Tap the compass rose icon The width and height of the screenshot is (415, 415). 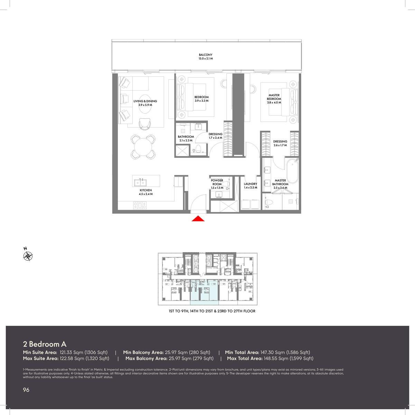(x=28, y=256)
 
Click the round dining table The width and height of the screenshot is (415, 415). (x=143, y=147)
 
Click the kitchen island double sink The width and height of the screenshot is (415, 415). (x=140, y=183)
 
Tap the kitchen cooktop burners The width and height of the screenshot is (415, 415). (x=140, y=205)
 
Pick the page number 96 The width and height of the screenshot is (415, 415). (x=26, y=390)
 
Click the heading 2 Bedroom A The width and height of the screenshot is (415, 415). (x=45, y=344)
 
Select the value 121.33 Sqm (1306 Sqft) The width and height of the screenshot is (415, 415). (x=84, y=352)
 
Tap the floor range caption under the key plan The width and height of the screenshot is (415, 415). (x=212, y=311)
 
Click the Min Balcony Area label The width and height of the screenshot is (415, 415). (x=143, y=352)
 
